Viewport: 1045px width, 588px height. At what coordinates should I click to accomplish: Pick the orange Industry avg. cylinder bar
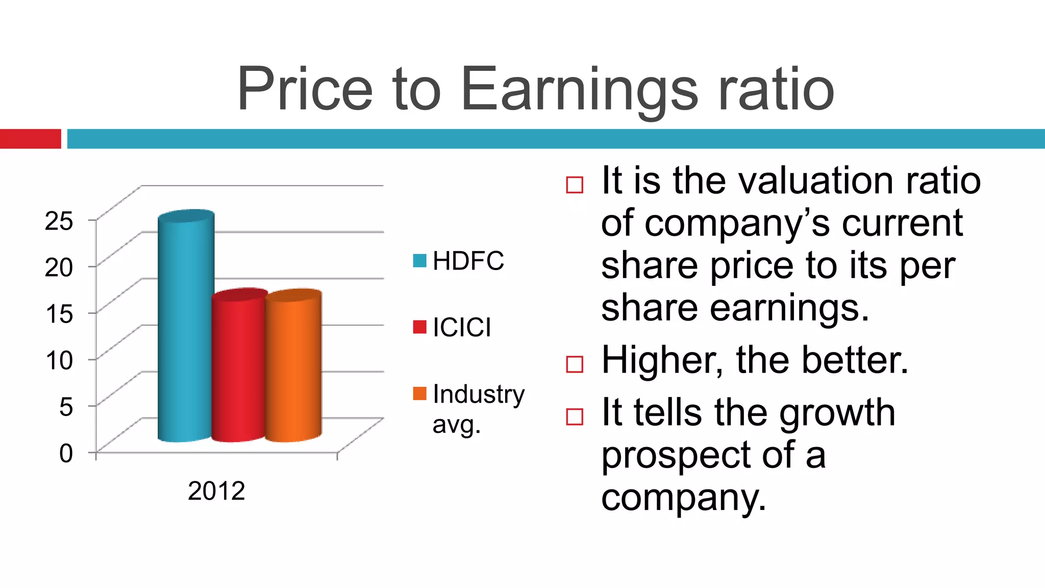293,367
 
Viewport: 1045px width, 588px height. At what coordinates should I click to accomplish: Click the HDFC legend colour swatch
419,261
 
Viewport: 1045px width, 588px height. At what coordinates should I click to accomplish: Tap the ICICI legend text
462,327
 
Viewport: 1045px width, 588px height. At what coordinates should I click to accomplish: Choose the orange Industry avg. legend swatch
419,394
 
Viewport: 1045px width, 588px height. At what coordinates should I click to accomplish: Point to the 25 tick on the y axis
59,220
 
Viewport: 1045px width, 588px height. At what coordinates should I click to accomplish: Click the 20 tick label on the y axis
59,267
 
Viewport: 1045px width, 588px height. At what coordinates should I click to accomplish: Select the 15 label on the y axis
59,313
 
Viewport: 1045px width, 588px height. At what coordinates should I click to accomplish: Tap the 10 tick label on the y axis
59,360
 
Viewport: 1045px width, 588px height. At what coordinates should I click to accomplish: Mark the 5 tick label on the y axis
66,407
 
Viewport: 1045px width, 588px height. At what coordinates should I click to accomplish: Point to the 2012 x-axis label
216,491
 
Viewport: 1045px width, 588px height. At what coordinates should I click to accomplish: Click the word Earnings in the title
579,89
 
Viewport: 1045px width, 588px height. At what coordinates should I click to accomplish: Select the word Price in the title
305,89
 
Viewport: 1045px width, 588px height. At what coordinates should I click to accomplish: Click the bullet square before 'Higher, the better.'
575,364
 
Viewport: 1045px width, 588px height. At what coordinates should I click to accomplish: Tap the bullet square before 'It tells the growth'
575,416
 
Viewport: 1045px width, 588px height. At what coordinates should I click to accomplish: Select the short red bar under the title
31,139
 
